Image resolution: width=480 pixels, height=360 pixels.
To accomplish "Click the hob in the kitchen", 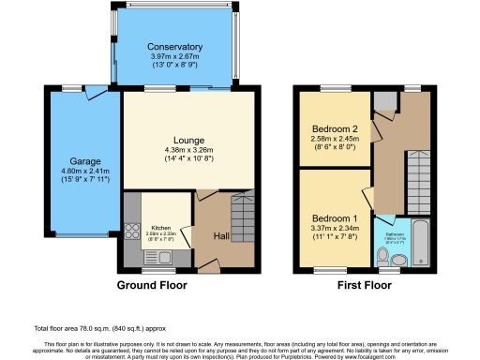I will pos(129,232).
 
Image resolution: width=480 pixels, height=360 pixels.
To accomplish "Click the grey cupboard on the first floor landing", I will pos(384,102).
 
